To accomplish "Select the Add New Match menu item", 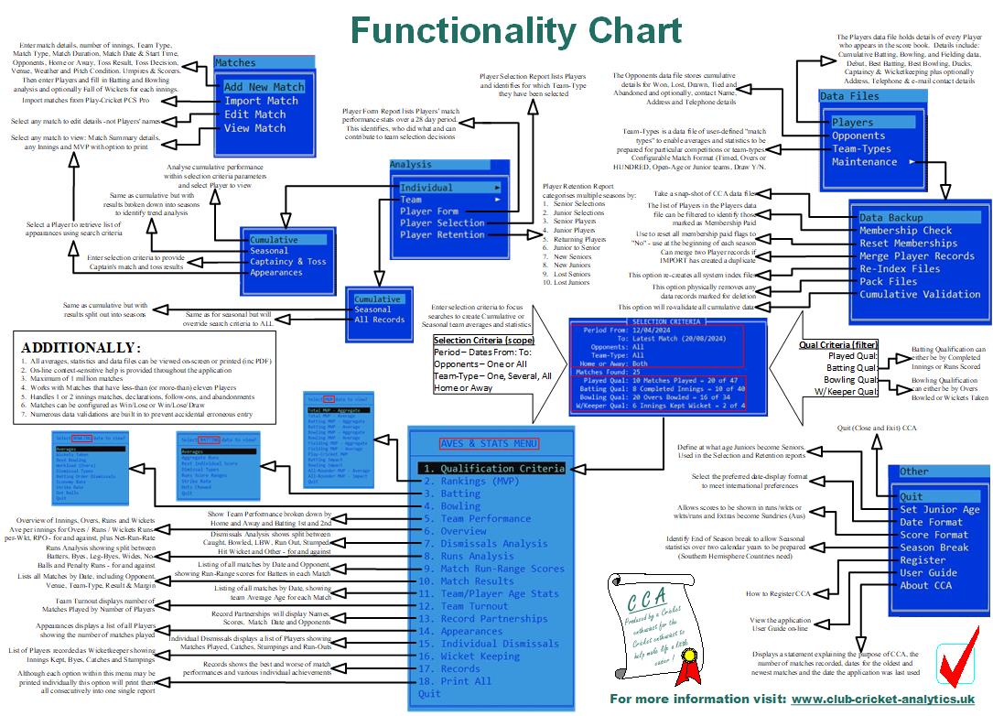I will [x=264, y=87].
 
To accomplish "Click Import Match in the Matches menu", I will [x=262, y=101].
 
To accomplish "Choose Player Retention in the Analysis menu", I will [x=442, y=235].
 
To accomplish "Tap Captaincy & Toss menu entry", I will [x=287, y=262].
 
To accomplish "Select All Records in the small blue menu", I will [x=379, y=320].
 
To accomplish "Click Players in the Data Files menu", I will [x=852, y=123].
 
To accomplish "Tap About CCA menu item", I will [x=925, y=586].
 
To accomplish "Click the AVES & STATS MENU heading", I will [x=488, y=443].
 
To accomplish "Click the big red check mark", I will [x=957, y=661].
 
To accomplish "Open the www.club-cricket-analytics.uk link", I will [x=882, y=700].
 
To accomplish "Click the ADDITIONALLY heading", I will [x=81, y=348].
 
